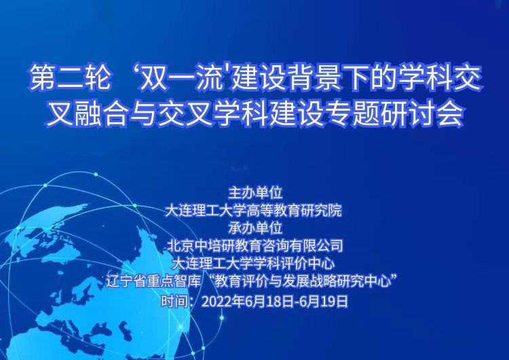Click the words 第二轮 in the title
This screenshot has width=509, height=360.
click(x=69, y=78)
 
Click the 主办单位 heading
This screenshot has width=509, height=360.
click(x=255, y=193)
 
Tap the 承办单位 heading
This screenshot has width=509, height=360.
click(x=255, y=228)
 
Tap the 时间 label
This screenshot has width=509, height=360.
click(x=174, y=301)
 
